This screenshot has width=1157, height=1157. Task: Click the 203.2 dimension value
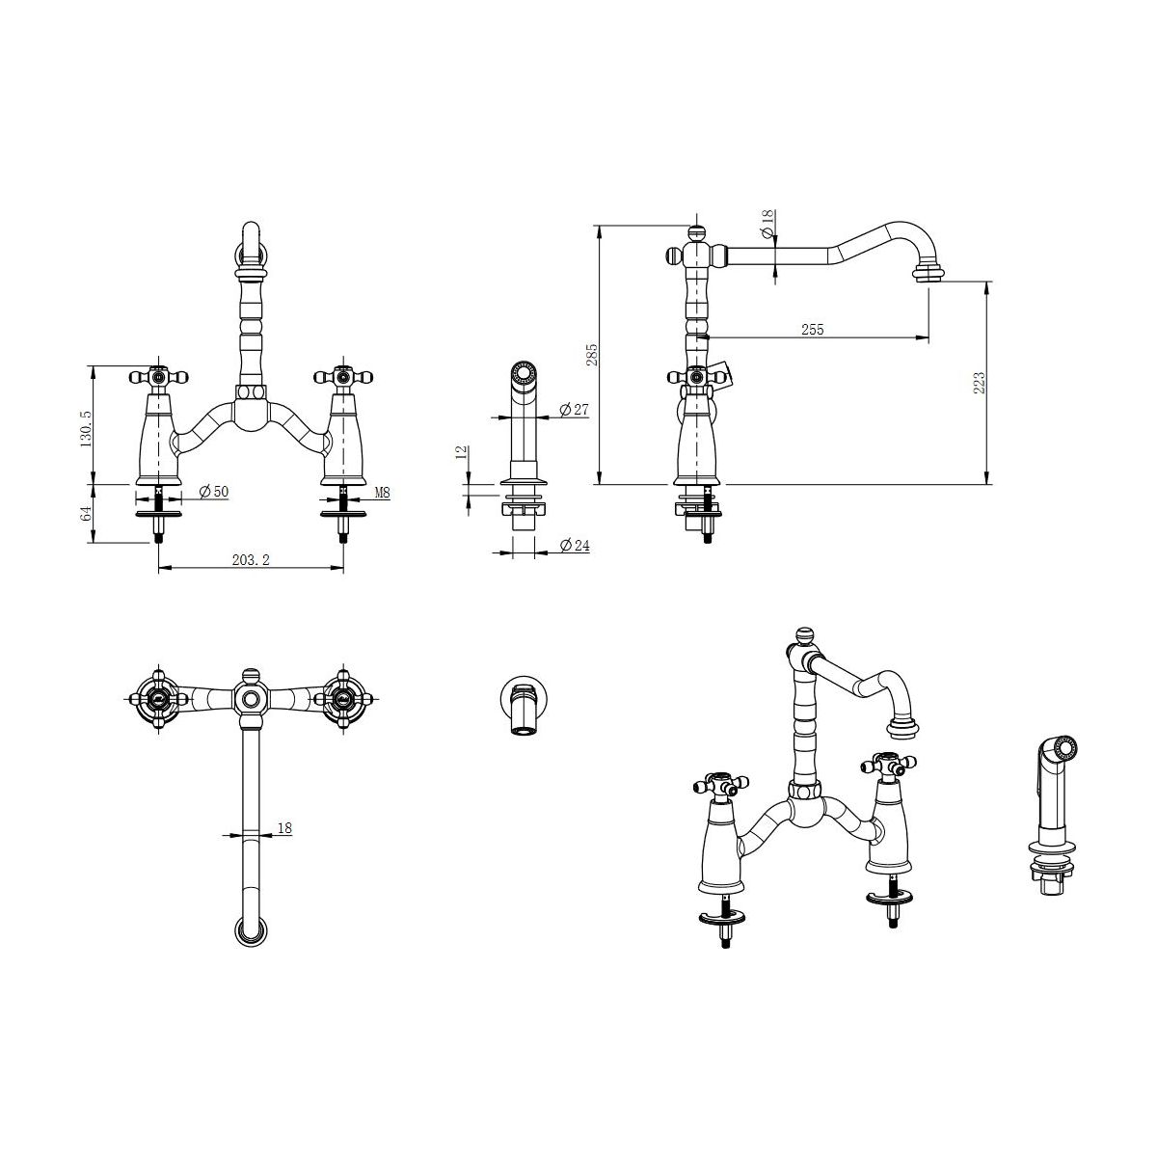click(251, 559)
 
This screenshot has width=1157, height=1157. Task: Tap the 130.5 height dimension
click(86, 429)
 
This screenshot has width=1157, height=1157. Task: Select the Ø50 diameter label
click(214, 491)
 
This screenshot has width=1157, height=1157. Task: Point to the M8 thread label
click(383, 493)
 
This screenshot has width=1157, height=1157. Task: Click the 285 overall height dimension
click(592, 354)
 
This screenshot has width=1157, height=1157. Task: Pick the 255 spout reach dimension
click(813, 330)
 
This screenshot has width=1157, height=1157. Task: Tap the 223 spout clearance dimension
click(980, 383)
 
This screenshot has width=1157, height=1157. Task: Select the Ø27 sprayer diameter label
click(574, 410)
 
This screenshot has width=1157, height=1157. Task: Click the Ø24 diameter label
click(575, 545)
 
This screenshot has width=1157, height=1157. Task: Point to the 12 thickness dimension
click(462, 452)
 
